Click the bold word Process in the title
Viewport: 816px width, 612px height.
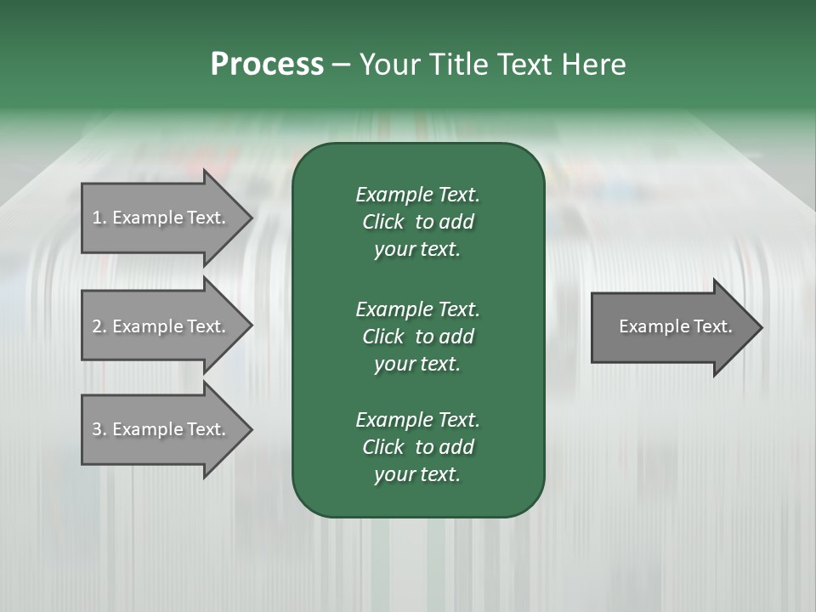(x=267, y=65)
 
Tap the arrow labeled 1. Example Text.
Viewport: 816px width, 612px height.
(x=161, y=218)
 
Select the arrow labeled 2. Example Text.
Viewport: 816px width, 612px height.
(x=161, y=326)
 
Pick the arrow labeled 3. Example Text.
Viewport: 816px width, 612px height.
(x=161, y=429)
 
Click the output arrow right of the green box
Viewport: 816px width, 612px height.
(x=671, y=327)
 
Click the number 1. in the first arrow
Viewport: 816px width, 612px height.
(x=99, y=218)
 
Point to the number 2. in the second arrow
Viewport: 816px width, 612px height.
(x=99, y=326)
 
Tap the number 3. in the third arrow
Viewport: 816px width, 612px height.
(x=99, y=429)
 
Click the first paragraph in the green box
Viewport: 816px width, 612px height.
(x=417, y=222)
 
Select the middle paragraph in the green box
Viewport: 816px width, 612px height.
(x=417, y=337)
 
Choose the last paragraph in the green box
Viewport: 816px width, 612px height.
(x=417, y=447)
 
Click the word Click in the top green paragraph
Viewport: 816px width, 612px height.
(x=382, y=222)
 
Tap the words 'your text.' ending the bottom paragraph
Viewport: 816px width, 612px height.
(x=417, y=475)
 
